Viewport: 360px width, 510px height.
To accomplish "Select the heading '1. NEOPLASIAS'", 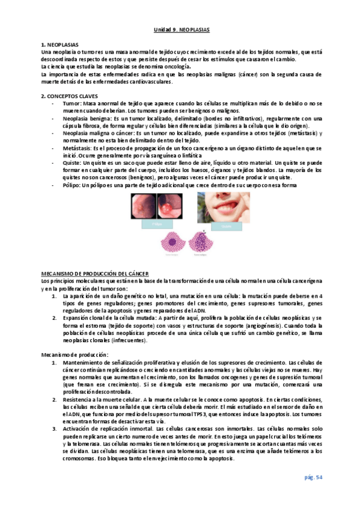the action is pyautogui.click(x=59, y=46).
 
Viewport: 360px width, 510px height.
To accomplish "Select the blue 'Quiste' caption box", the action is pyautogui.click(x=225, y=227).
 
